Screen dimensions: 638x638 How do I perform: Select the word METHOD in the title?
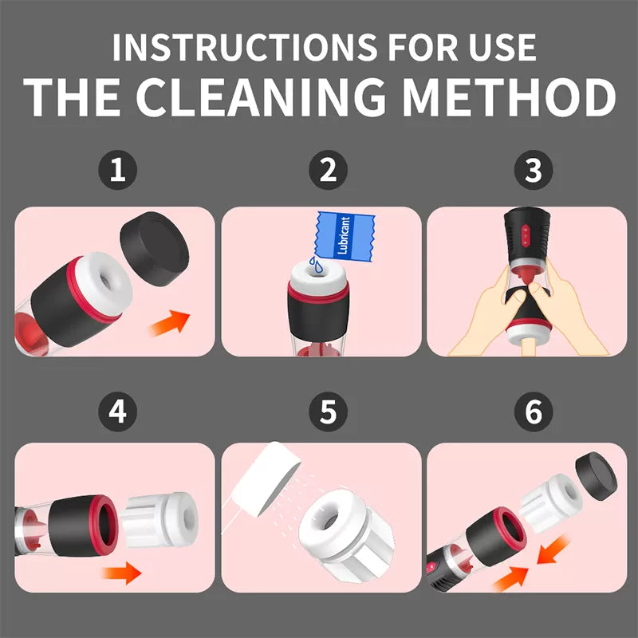[x=509, y=96]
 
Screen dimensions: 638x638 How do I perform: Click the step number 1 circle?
[x=117, y=170]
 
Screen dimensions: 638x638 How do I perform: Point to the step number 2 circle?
[x=328, y=170]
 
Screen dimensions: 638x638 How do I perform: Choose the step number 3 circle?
[x=534, y=170]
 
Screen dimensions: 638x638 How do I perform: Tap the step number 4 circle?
[x=117, y=412]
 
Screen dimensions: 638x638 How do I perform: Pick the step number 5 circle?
[x=328, y=412]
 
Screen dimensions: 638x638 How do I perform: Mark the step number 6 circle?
[x=534, y=412]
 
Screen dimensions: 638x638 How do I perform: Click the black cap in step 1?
[x=155, y=248]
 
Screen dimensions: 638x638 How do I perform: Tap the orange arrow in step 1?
[x=169, y=323]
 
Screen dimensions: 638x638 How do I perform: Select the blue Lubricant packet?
[x=345, y=236]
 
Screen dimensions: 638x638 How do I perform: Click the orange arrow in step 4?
[x=122, y=573]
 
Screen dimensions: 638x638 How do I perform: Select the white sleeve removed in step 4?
[x=160, y=520]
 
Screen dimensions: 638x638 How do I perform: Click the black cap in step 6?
[x=596, y=476]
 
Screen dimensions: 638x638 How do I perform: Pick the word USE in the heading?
[x=502, y=47]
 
